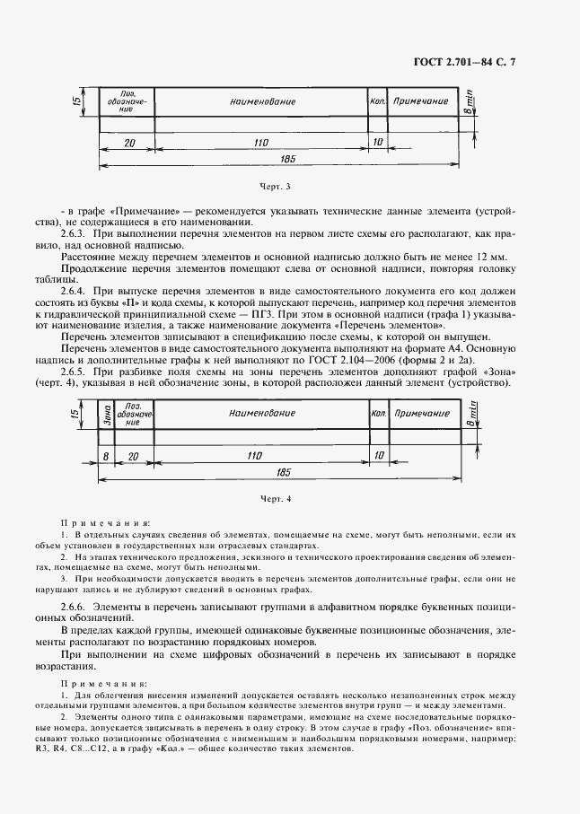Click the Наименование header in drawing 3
[x=262, y=101]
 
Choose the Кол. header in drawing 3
[x=377, y=101]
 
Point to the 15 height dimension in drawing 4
[x=75, y=414]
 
